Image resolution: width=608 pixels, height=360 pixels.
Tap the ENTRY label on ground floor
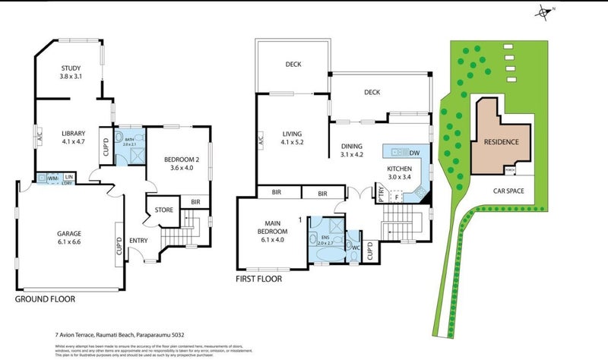coord(139,241)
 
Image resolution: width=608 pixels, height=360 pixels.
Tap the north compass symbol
coord(543,11)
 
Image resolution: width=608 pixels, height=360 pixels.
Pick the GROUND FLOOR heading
coord(45,299)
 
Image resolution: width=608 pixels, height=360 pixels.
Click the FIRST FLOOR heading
coord(258,279)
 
